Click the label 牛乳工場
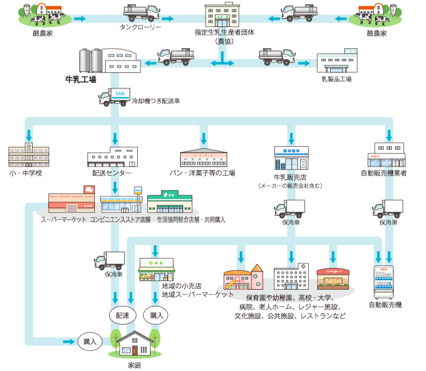(80, 80)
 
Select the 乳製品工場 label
(336, 79)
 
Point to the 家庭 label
(134, 365)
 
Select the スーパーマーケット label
(64, 219)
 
